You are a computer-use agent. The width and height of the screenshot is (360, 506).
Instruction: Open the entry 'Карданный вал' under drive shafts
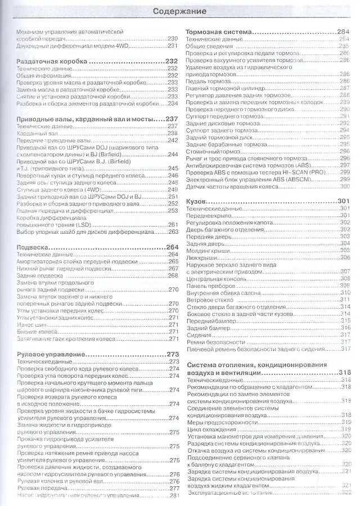[35, 133]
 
